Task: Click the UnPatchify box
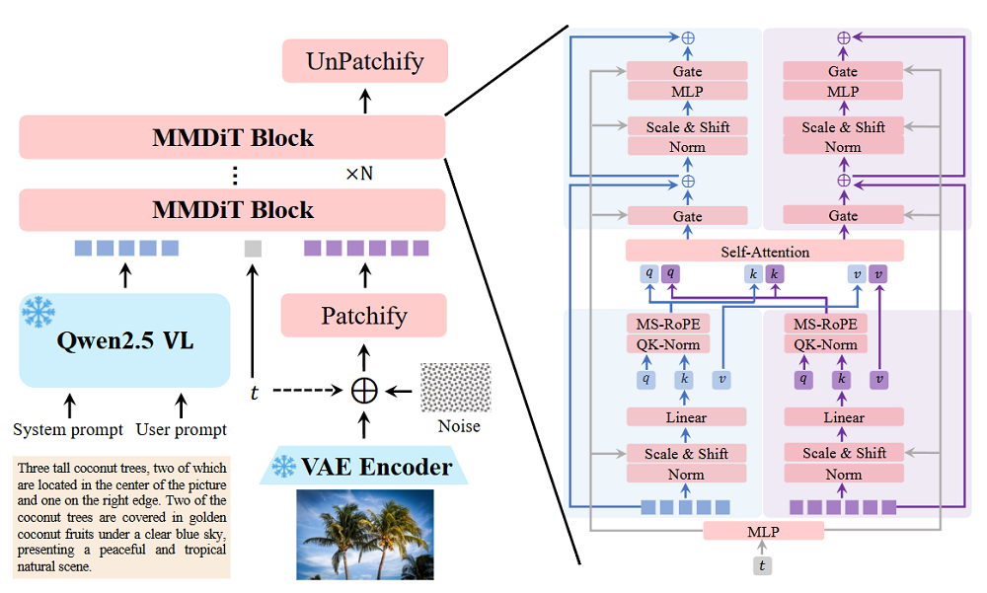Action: (365, 61)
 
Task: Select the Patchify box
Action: (364, 316)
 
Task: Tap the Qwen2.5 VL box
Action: (124, 340)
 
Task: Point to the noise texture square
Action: (455, 389)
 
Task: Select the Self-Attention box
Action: (765, 252)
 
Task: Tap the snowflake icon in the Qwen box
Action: (38, 314)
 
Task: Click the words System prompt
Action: (68, 429)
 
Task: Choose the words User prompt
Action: (182, 429)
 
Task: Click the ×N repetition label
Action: (358, 174)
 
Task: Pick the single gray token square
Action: (253, 249)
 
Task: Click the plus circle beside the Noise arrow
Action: (364, 390)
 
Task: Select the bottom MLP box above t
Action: (763, 531)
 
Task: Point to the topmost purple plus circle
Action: (843, 37)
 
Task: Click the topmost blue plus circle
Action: (687, 37)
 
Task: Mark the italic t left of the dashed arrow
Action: (254, 391)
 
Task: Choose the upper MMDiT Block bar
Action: (233, 137)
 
